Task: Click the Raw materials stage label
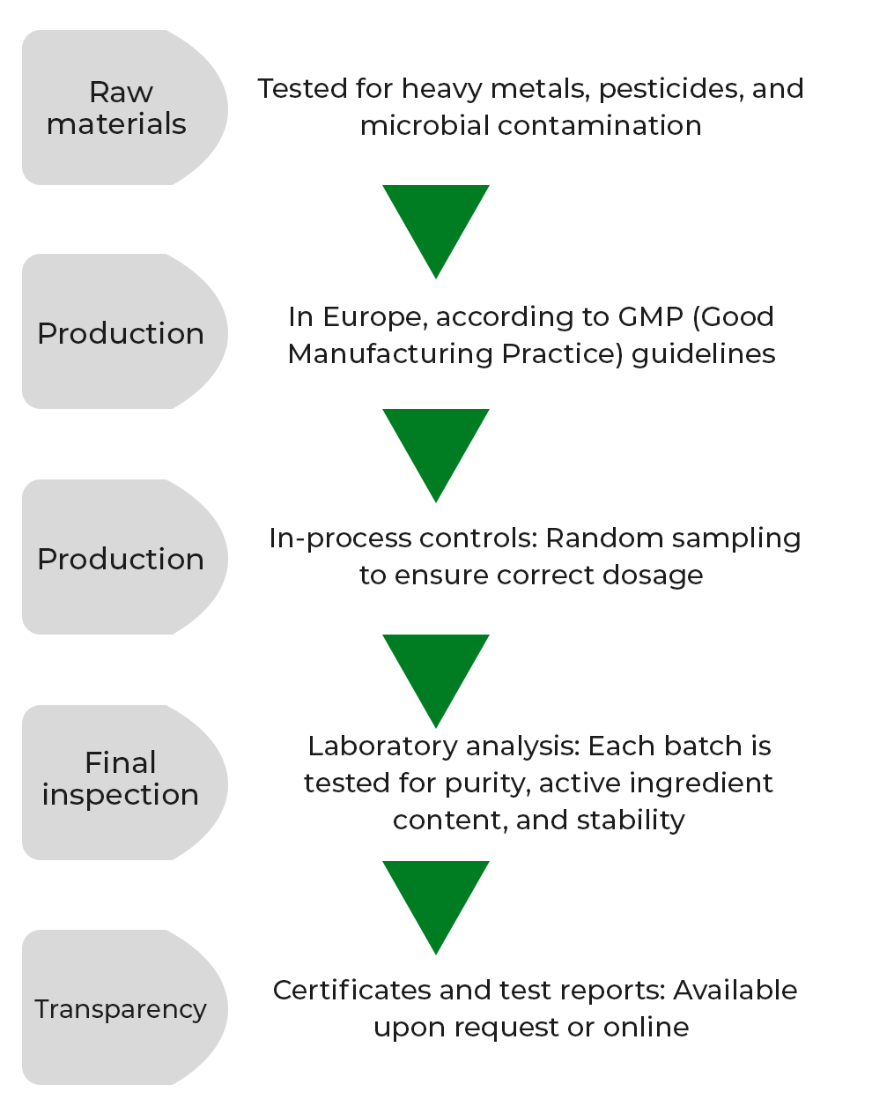click(117, 108)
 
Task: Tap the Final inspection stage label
click(121, 778)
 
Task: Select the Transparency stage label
click(121, 1008)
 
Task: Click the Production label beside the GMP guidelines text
click(121, 333)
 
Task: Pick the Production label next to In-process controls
click(121, 559)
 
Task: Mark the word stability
click(631, 820)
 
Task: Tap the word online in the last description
click(646, 1027)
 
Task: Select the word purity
click(487, 783)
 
